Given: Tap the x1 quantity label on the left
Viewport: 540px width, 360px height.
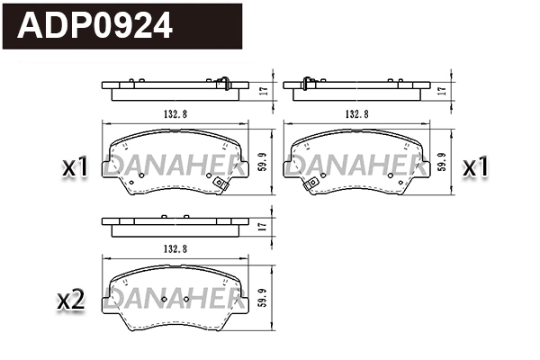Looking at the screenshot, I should (74, 166).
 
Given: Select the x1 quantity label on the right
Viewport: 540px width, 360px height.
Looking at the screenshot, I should (473, 166).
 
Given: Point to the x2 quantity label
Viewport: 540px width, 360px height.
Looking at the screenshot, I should (70, 301).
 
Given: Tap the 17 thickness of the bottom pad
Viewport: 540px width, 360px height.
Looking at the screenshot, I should (262, 226).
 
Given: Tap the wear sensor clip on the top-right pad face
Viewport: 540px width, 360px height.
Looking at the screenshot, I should (311, 185).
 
